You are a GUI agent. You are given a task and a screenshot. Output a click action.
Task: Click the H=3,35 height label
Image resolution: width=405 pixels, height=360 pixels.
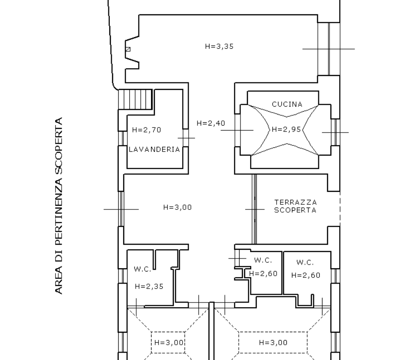click(x=219, y=46)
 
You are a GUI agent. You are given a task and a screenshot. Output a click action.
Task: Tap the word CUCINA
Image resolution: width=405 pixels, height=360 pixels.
click(x=287, y=104)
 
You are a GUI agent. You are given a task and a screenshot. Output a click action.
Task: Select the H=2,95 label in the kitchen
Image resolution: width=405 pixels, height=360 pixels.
click(x=286, y=129)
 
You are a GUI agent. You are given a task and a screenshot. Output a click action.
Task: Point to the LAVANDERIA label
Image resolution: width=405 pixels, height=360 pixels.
click(x=154, y=150)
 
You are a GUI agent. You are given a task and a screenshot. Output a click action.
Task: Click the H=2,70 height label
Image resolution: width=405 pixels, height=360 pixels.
click(x=146, y=130)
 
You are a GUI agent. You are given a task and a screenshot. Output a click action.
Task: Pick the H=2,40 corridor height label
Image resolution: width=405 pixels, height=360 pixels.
click(x=211, y=123)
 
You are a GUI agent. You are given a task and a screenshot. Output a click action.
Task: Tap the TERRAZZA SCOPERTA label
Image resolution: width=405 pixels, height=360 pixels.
click(x=296, y=206)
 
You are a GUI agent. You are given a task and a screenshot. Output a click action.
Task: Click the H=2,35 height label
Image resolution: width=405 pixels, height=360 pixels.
click(x=149, y=286)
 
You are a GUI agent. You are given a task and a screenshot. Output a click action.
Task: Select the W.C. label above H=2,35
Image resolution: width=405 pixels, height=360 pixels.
click(x=142, y=269)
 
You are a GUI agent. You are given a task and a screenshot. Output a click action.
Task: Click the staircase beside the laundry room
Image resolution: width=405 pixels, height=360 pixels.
click(x=135, y=100)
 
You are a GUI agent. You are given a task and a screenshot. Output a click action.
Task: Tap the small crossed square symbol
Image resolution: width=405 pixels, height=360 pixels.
click(x=128, y=49)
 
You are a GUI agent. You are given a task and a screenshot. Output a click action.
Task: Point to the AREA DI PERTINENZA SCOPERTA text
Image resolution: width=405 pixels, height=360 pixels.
click(x=59, y=206)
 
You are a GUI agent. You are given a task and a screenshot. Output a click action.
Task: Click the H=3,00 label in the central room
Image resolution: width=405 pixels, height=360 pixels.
click(x=177, y=208)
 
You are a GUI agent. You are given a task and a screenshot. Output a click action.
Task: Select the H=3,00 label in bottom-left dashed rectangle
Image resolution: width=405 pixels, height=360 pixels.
click(x=169, y=343)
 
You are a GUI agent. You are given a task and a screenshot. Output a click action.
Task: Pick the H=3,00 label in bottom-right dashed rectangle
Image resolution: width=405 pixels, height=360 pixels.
click(x=273, y=343)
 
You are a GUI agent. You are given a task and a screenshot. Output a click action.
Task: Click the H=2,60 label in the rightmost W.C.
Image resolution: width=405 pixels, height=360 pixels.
click(x=306, y=275)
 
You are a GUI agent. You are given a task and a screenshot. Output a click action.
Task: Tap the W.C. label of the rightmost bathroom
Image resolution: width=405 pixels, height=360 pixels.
click(x=305, y=263)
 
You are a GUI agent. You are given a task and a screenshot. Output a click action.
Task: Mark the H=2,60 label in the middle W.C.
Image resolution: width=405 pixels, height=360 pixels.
click(x=263, y=273)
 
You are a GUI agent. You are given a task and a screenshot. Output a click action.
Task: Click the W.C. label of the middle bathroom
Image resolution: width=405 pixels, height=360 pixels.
click(x=263, y=260)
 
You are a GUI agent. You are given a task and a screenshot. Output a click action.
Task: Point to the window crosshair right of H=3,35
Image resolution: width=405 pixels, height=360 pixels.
click(x=329, y=49)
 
